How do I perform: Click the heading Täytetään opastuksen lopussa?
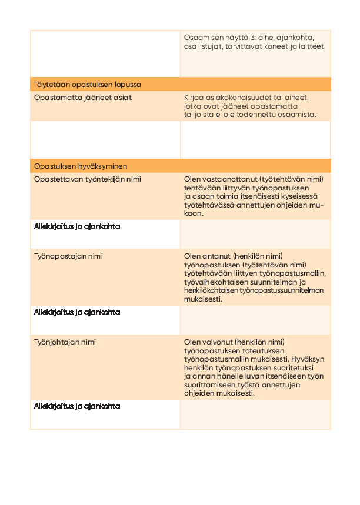pos(87,85)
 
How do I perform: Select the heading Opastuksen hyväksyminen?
pos(81,166)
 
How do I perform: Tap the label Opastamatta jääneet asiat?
pos(82,98)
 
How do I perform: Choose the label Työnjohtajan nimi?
pos(65,342)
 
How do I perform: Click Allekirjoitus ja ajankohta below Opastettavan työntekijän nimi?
pos(76,226)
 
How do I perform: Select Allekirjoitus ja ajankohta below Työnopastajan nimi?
pos(76,312)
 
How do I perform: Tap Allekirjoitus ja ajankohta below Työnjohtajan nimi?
pos(76,406)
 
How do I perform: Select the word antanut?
pos(215,257)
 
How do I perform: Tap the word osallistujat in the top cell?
pos(204,46)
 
